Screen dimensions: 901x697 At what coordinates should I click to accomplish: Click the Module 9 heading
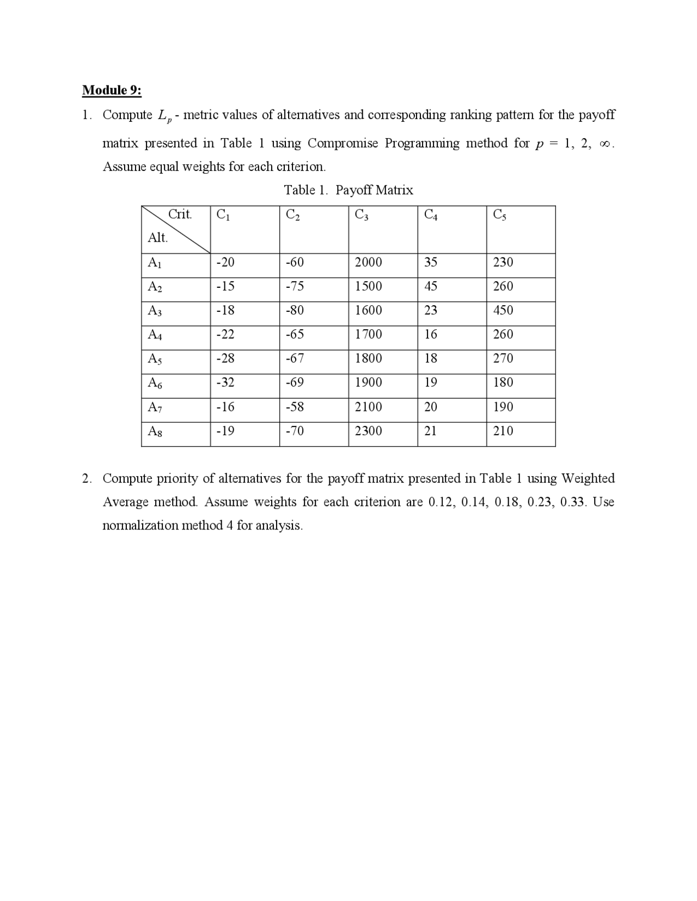tap(112, 90)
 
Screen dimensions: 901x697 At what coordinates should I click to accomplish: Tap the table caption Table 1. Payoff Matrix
tap(348, 190)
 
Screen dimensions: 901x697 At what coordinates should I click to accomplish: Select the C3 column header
tap(361, 215)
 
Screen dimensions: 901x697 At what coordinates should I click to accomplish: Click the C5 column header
tap(499, 215)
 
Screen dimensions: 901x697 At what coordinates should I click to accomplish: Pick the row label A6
tap(155, 383)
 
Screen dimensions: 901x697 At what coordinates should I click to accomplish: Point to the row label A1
tap(155, 263)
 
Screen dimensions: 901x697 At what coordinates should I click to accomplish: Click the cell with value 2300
tap(368, 431)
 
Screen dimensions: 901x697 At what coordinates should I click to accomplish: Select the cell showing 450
tap(503, 310)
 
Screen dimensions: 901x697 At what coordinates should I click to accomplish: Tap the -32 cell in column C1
tap(225, 382)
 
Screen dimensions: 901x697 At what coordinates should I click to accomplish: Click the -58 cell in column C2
tap(295, 407)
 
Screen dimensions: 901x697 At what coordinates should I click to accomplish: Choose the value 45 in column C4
tap(430, 286)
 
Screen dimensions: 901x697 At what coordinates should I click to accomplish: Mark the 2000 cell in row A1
tap(368, 262)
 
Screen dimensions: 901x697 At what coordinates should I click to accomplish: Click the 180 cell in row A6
tap(503, 382)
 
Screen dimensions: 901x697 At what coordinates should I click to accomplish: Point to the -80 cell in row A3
tap(295, 310)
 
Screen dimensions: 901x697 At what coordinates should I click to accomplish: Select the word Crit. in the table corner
tap(180, 214)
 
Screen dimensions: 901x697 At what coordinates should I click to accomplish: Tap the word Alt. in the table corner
tap(157, 238)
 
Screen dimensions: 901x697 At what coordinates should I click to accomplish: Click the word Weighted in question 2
tap(588, 478)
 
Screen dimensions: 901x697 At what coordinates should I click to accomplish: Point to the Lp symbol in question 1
tap(163, 116)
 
